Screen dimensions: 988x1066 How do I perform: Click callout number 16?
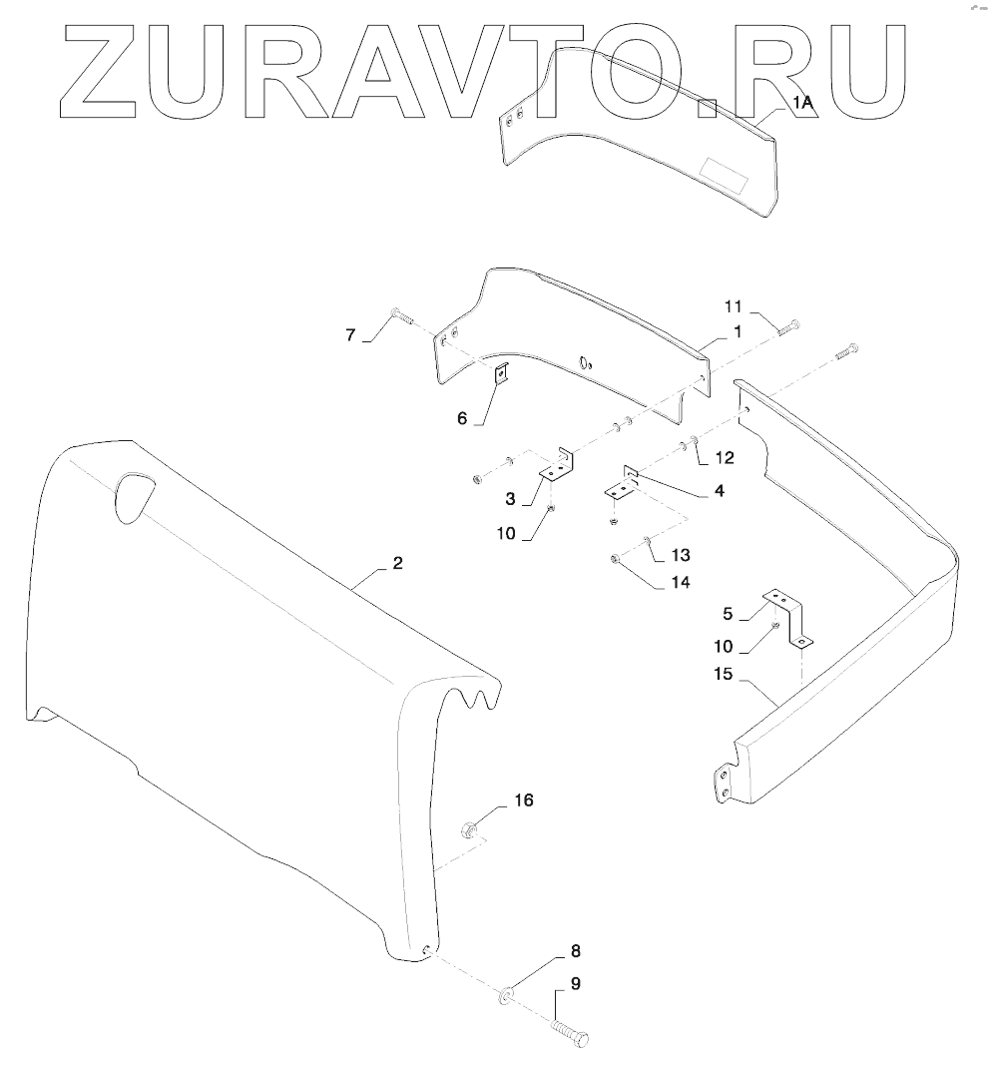click(524, 800)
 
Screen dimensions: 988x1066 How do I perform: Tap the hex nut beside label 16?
click(470, 828)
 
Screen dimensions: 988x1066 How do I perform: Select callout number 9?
click(575, 984)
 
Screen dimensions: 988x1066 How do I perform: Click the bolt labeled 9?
click(571, 1032)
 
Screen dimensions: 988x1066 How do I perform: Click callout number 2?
click(397, 564)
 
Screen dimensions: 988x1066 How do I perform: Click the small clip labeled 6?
click(503, 373)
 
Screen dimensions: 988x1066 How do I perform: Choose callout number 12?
click(725, 458)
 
